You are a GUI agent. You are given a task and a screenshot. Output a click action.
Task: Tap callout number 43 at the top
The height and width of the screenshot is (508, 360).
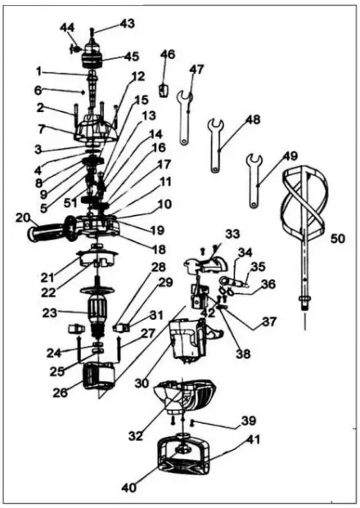tap(127, 24)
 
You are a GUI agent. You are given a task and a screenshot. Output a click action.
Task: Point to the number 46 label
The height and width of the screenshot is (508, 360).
tap(168, 56)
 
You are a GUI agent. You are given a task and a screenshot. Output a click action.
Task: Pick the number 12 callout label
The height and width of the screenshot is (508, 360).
tap(137, 76)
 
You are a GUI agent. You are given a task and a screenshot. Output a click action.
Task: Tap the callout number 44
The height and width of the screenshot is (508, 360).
tap(67, 28)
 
